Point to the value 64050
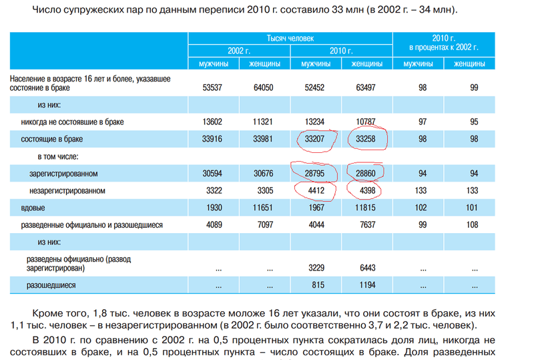262,87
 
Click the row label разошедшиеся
51,285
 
